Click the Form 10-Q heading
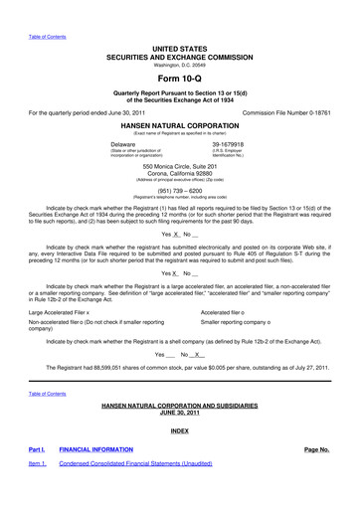[179, 75]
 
